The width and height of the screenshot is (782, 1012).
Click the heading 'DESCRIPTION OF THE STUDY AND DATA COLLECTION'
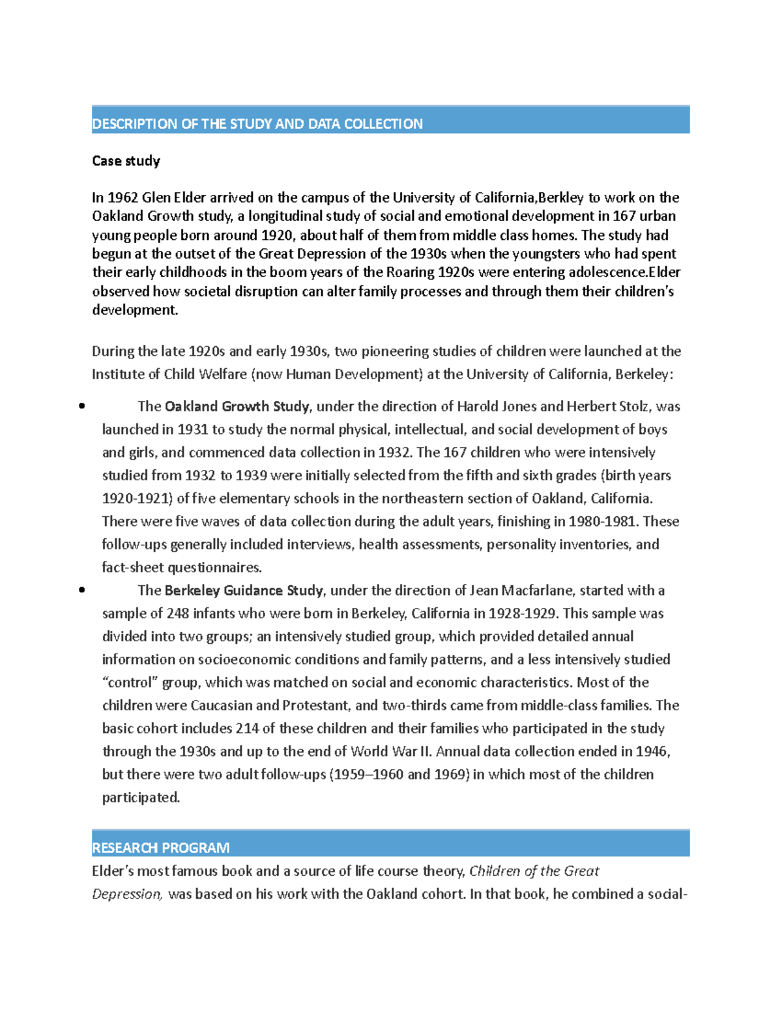[x=257, y=124]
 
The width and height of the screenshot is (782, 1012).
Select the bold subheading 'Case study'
[x=126, y=161]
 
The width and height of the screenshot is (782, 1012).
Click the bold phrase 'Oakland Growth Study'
[x=237, y=407]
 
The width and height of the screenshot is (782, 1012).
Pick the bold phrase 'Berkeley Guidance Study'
[x=244, y=590]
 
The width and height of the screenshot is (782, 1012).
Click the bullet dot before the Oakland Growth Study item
[x=81, y=406]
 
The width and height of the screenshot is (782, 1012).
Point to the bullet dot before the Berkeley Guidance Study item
[x=81, y=590]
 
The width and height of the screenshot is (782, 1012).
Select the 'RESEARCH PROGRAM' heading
[x=160, y=848]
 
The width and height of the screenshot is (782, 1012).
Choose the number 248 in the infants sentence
[x=177, y=613]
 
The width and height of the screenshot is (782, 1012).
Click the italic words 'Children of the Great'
[x=534, y=871]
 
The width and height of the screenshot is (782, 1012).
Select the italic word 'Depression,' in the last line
[x=127, y=894]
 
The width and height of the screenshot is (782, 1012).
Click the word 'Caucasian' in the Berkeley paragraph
[x=221, y=705]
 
